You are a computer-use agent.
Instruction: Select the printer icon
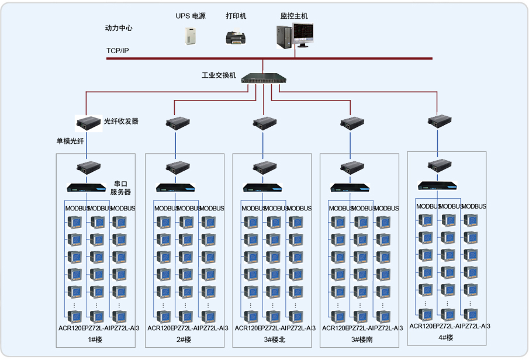click(237, 38)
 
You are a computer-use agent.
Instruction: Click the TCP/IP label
click(117, 51)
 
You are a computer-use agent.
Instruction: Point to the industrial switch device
click(264, 78)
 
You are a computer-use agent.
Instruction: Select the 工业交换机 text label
click(219, 75)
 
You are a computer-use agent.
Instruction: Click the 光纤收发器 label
click(121, 122)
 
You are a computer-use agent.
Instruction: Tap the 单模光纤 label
click(70, 141)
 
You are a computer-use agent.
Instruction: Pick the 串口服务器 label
click(121, 188)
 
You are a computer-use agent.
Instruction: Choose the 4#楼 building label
click(446, 338)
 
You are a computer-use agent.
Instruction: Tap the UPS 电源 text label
click(191, 16)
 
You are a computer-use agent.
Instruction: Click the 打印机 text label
click(236, 16)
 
